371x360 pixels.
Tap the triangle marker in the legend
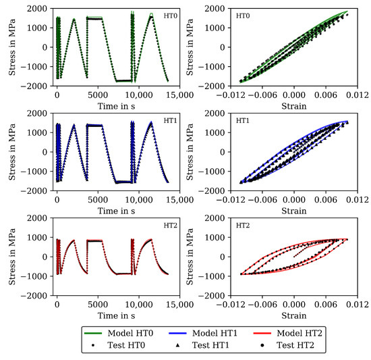coord(183,346)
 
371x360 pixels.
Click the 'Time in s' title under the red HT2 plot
coord(110,315)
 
